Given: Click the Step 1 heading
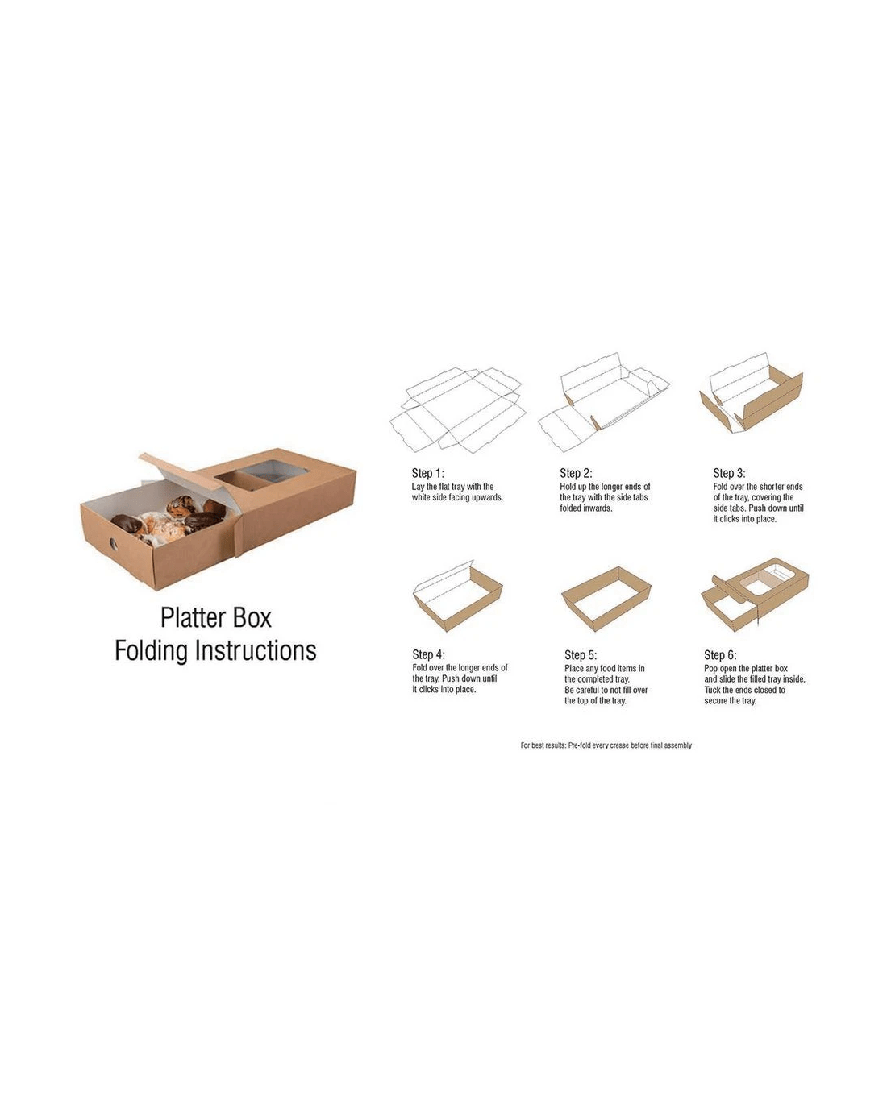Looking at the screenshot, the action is point(427,473).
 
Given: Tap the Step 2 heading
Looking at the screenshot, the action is point(576,473).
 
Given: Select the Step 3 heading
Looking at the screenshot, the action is point(729,473).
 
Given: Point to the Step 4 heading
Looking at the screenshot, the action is point(428,654).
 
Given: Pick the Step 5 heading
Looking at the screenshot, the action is point(581,655).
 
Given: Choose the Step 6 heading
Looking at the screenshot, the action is point(720,655).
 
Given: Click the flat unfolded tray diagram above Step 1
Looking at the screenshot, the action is point(458,410).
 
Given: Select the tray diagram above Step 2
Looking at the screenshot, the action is point(603,402).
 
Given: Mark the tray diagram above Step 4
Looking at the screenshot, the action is point(458,595).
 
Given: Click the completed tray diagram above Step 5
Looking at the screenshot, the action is point(606,599).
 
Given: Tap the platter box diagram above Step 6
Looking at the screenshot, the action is point(755,594).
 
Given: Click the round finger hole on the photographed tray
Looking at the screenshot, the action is point(113,543).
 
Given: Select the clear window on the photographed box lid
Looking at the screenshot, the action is point(260,473).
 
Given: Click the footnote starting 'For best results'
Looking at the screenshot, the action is point(606,745).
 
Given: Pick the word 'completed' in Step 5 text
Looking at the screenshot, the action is point(602,679).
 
